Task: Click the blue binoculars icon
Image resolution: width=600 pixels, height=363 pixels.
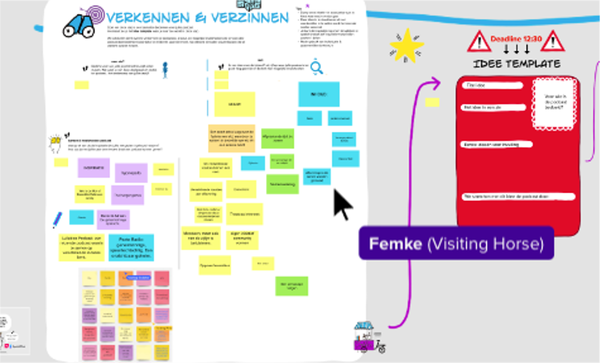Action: tap(78, 26)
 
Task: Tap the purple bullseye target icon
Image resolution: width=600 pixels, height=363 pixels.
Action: tap(95, 14)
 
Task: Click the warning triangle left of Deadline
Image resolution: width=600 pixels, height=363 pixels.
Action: tap(478, 41)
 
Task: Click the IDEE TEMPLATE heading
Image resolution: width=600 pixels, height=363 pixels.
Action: tap(516, 64)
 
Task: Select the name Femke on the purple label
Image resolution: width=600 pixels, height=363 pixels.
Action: tap(395, 244)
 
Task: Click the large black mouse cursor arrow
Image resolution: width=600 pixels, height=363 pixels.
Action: tap(342, 204)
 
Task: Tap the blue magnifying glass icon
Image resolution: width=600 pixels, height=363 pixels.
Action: tap(316, 67)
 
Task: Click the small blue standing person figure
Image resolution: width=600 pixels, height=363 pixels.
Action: tap(165, 70)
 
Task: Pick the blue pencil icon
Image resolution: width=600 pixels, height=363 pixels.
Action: tap(57, 219)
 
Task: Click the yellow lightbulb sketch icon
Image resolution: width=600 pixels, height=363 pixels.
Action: tap(55, 143)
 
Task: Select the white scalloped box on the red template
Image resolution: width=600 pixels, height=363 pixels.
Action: tap(553, 103)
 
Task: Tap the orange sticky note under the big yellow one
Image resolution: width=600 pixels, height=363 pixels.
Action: tap(231, 138)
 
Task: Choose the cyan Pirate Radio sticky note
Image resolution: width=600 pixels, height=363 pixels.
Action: tap(131, 247)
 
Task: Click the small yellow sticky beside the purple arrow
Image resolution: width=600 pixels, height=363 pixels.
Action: tap(432, 102)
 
